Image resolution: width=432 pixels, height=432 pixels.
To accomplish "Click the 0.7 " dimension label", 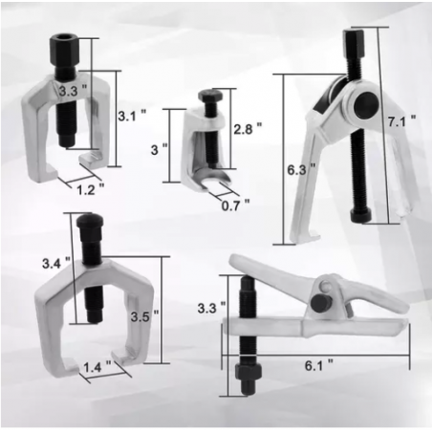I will [x=234, y=203].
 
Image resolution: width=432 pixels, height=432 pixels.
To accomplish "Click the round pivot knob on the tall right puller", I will [x=364, y=104].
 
